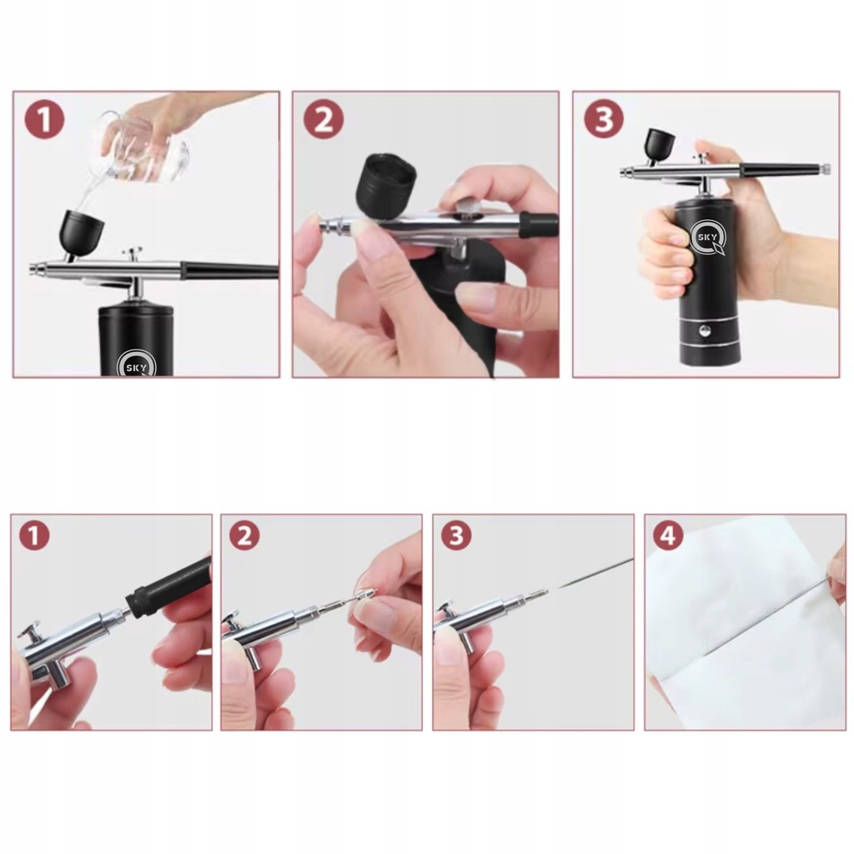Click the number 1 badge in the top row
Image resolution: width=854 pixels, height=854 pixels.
pyautogui.click(x=45, y=120)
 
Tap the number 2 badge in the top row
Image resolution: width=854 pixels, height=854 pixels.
pyautogui.click(x=324, y=119)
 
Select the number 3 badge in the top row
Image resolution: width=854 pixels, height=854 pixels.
pyautogui.click(x=604, y=119)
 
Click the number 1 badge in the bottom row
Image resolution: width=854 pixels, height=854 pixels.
pyautogui.click(x=34, y=535)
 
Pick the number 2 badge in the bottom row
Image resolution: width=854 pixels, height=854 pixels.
pyautogui.click(x=244, y=535)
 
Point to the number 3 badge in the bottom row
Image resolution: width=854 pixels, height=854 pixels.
pyautogui.click(x=456, y=535)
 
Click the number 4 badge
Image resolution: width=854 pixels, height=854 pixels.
pyautogui.click(x=668, y=535)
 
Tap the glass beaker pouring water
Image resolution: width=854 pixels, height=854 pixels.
pyautogui.click(x=145, y=146)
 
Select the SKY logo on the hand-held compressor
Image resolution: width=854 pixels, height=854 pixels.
pyautogui.click(x=707, y=238)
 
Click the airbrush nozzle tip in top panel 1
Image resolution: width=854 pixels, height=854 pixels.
pyautogui.click(x=34, y=269)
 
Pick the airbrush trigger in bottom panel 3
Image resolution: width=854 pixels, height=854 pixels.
pyautogui.click(x=445, y=610)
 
